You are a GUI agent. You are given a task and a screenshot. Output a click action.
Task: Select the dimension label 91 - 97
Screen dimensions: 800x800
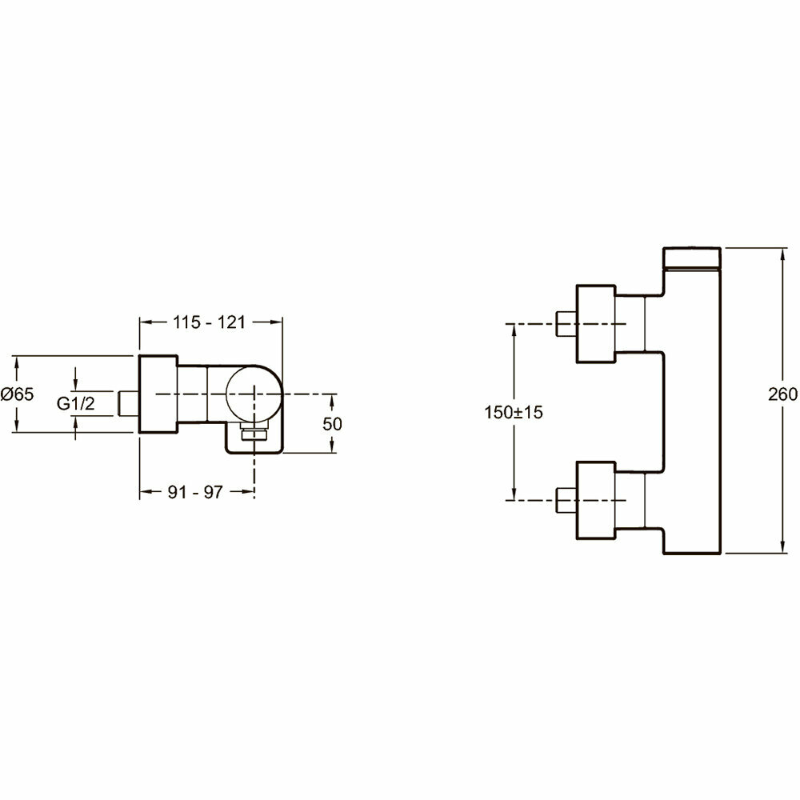coord(195,492)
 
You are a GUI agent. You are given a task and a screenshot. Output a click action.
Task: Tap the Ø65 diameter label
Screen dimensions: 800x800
coord(18,394)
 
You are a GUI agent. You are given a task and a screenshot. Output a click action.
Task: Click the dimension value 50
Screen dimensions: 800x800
coord(332,424)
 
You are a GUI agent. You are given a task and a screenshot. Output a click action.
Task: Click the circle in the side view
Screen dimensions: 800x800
coord(253,394)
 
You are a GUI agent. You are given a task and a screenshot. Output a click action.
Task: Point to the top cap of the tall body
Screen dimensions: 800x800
coord(694,258)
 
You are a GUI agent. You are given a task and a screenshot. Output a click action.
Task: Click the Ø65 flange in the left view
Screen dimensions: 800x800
coord(158,394)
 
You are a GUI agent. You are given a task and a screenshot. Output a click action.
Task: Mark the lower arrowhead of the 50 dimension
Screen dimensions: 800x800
coord(332,450)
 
